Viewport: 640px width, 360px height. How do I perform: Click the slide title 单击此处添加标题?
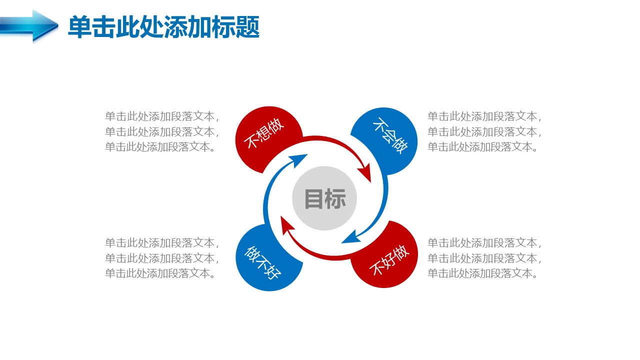pyautogui.click(x=163, y=27)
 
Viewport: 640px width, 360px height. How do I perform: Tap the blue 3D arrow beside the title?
pyautogui.click(x=29, y=25)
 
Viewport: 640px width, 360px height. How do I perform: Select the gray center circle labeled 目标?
pyautogui.click(x=324, y=198)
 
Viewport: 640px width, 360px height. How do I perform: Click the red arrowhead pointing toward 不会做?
pyautogui.click(x=365, y=172)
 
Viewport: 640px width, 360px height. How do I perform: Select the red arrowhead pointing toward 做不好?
pyautogui.click(x=286, y=225)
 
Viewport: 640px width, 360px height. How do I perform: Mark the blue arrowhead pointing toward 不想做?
pyautogui.click(x=298, y=160)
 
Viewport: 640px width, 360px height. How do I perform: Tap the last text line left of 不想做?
pyautogui.click(x=160, y=147)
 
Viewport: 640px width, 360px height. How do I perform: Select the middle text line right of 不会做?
pyautogui.click(x=484, y=132)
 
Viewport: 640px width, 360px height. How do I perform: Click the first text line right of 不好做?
pyautogui.click(x=484, y=243)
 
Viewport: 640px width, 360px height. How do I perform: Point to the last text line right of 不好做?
pyautogui.click(x=482, y=273)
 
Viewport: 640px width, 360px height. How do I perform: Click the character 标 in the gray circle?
pyautogui.click(x=335, y=198)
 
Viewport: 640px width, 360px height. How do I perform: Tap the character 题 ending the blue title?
pyautogui.click(x=247, y=27)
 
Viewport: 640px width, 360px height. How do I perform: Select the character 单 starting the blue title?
pyautogui.click(x=80, y=27)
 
